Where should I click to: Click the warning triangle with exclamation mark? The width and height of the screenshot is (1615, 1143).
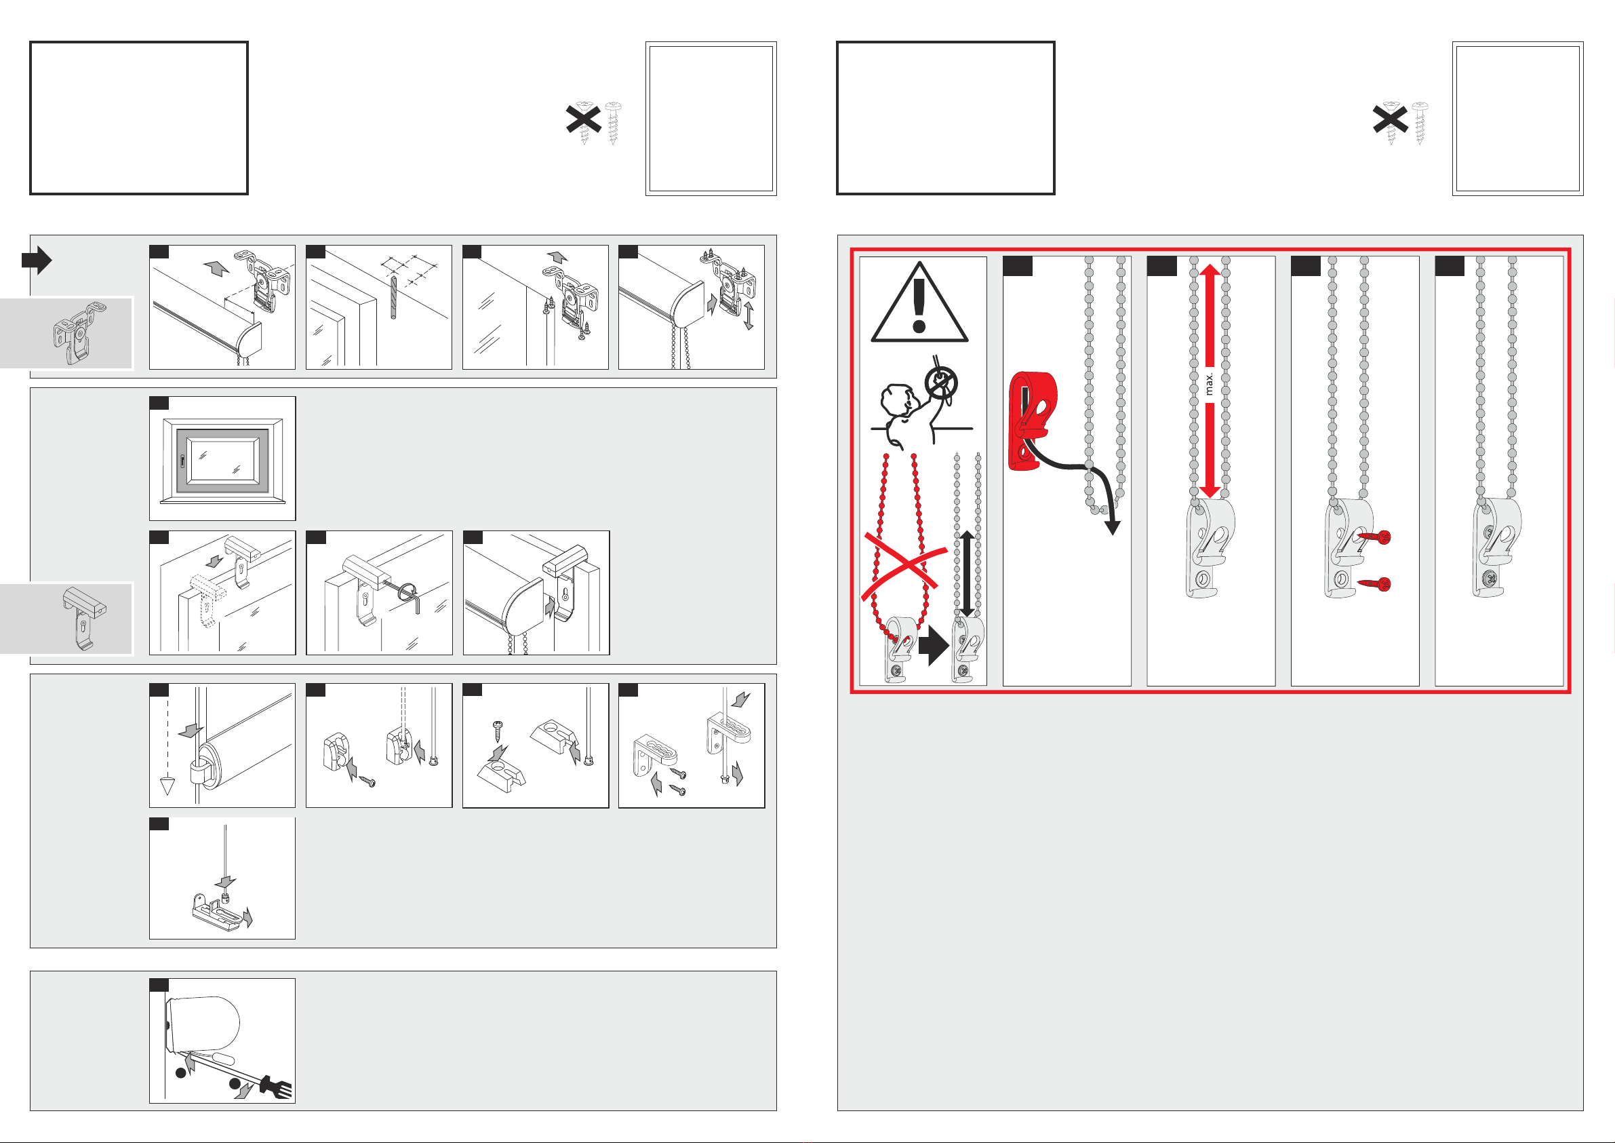pos(919,304)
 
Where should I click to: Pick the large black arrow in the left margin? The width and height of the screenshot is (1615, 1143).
pos(37,260)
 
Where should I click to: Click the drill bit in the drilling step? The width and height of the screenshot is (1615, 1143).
pos(393,298)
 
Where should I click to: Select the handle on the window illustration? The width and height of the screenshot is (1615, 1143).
pos(183,461)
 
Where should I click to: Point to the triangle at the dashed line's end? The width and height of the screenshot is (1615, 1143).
pos(167,786)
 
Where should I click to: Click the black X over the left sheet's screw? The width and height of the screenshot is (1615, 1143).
pos(584,119)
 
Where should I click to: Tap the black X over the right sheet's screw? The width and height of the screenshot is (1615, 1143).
pos(1391,119)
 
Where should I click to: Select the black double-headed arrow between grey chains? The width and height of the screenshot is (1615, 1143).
pos(968,573)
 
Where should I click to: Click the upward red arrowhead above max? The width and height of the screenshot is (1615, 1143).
pos(1210,271)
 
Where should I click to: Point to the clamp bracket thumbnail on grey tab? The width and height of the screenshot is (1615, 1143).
pos(84,618)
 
